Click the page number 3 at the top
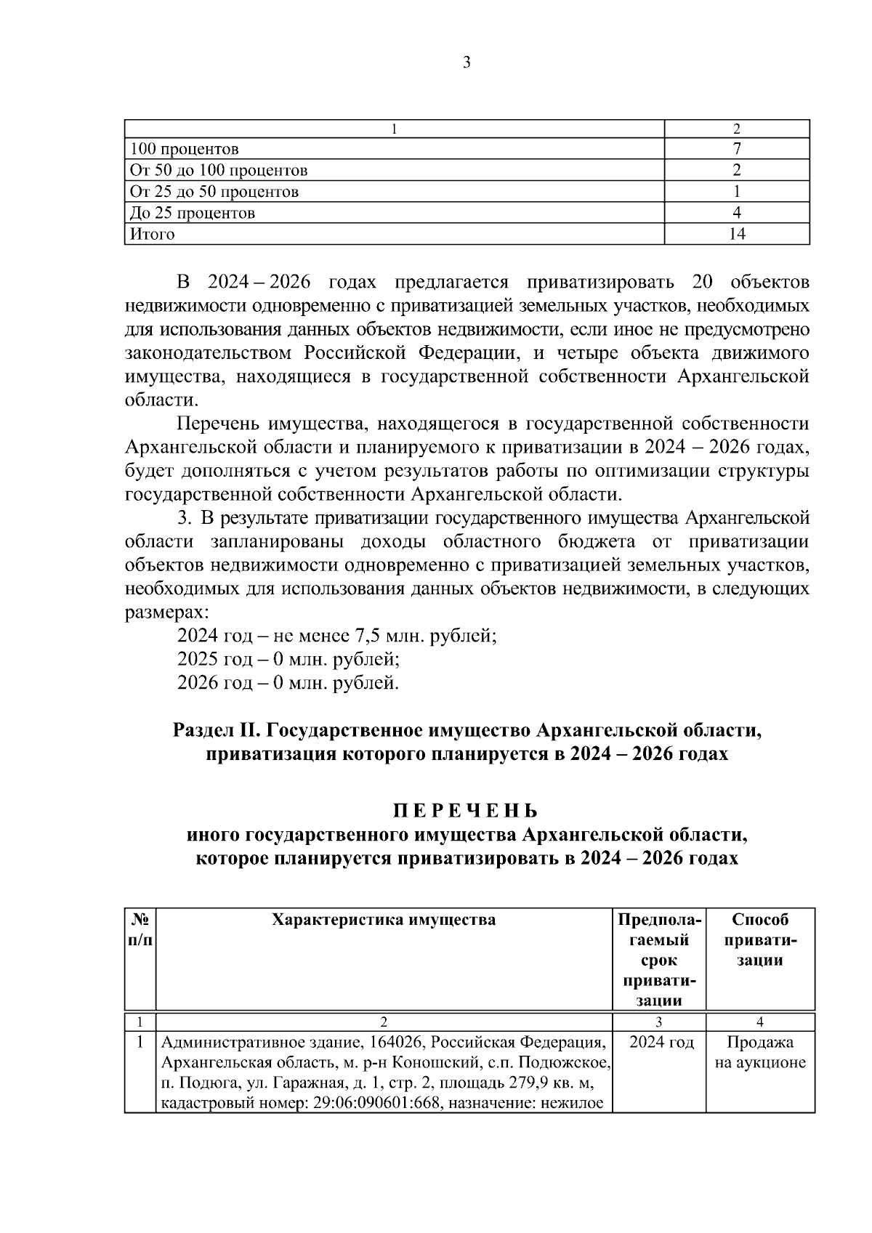(467, 63)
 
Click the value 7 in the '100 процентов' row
(737, 150)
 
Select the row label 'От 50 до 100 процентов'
(218, 171)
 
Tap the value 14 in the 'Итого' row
(737, 234)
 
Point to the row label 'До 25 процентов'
(192, 214)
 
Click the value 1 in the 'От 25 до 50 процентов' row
(737, 192)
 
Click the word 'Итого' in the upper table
(152, 234)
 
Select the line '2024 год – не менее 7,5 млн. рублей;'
(336, 636)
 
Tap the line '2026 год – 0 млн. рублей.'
(288, 683)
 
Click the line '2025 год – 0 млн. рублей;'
(288, 660)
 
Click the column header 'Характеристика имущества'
(384, 920)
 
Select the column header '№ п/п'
(140, 930)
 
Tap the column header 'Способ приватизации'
(760, 939)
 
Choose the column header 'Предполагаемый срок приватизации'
(660, 959)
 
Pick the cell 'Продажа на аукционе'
(760, 1053)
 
